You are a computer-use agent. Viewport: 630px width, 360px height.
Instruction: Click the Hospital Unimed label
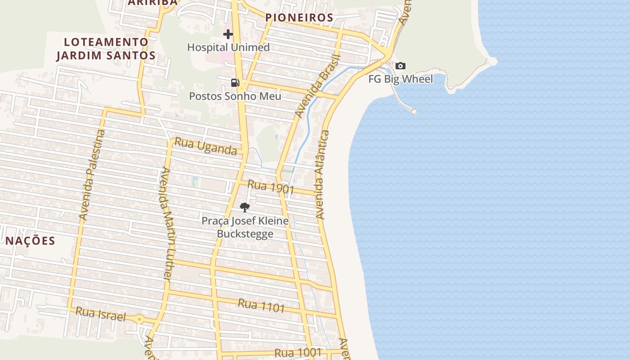click(x=228, y=47)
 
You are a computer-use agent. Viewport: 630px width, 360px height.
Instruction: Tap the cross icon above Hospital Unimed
click(x=228, y=34)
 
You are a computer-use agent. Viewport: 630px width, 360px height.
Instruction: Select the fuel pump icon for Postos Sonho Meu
click(x=235, y=83)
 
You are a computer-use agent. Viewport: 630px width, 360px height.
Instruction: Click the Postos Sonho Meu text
click(x=235, y=96)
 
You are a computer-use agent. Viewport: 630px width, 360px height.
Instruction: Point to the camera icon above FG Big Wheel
click(x=400, y=66)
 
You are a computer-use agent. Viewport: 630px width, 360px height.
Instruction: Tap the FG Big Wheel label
click(x=400, y=79)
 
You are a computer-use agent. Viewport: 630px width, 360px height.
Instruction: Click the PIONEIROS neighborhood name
click(x=299, y=18)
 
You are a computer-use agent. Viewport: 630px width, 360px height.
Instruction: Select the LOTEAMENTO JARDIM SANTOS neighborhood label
click(x=106, y=49)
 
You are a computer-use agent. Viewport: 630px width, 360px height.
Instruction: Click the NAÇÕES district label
click(x=31, y=241)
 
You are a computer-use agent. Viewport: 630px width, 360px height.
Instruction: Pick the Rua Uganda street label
click(x=206, y=146)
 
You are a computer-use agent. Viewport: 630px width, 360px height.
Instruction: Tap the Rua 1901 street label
click(x=270, y=187)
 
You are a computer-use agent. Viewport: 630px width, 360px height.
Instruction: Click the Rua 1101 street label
click(x=261, y=306)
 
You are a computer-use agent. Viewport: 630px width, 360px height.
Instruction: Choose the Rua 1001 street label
click(x=298, y=353)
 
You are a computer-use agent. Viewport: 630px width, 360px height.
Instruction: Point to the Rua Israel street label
click(x=101, y=314)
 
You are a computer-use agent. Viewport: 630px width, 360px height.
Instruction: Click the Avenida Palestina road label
click(x=92, y=175)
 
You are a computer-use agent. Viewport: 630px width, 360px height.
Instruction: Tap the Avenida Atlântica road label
click(x=323, y=175)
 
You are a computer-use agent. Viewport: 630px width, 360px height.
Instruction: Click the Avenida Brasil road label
click(x=317, y=86)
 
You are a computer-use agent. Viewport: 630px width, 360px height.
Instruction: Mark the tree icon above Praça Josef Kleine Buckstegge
click(x=245, y=207)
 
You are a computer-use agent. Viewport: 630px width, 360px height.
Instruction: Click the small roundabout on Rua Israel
click(x=139, y=319)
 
